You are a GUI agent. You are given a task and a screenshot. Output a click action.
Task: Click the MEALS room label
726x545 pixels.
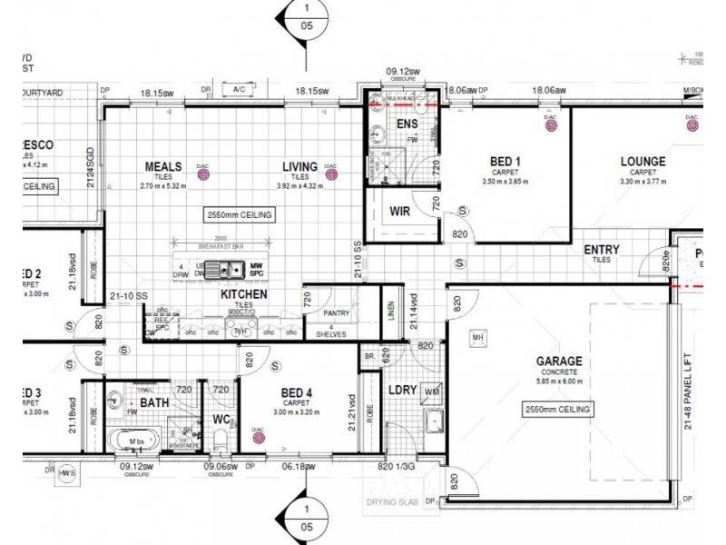[x=164, y=167]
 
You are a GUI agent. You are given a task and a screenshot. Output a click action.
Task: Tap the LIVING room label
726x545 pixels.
[x=299, y=167]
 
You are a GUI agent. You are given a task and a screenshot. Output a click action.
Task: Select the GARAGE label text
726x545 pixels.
[x=558, y=362]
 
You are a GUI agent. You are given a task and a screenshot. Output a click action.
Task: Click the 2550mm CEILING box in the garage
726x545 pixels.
[x=558, y=411]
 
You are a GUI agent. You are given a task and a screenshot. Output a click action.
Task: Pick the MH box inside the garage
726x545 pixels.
[x=478, y=339]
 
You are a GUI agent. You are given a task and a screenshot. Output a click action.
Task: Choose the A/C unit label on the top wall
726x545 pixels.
[x=240, y=90]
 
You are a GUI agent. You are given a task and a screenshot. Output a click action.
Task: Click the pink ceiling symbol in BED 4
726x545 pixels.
[x=259, y=434]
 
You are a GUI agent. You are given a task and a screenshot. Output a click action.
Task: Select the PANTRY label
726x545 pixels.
[x=338, y=312]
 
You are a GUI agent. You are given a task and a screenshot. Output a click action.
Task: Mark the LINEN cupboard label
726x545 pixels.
[x=389, y=312]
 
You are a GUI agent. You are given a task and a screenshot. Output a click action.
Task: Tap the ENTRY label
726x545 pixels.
[x=601, y=250]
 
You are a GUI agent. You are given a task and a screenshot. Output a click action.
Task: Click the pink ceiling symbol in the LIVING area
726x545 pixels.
[x=330, y=170]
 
